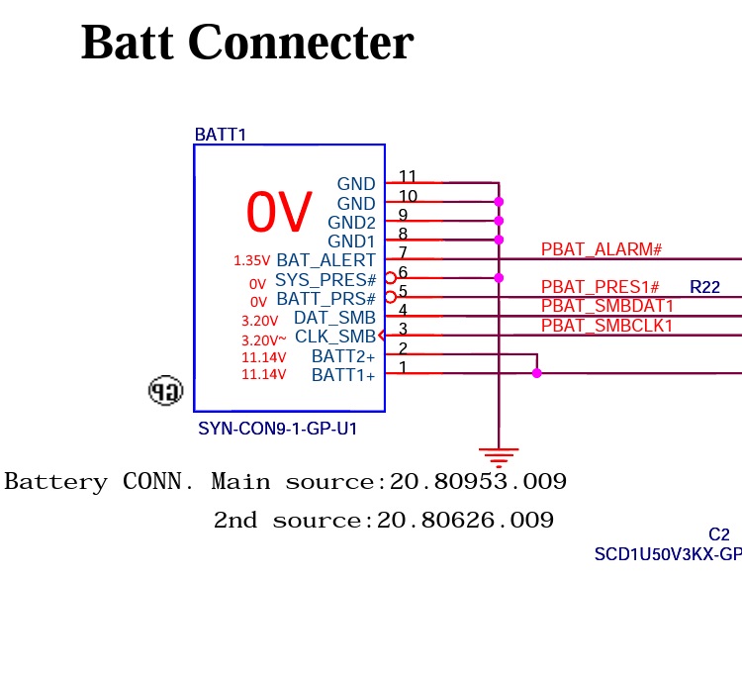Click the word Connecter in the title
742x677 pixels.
[300, 43]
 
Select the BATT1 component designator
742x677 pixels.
[220, 135]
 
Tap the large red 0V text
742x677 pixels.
[279, 211]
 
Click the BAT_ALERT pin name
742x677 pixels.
[325, 260]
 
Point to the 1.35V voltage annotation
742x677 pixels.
[251, 261]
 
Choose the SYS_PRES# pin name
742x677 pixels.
[325, 280]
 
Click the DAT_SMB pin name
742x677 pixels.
[334, 318]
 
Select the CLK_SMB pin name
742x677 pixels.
[335, 338]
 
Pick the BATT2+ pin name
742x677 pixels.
[343, 356]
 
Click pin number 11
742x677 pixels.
[408, 177]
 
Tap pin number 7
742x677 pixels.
[403, 253]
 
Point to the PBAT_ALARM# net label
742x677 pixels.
[601, 249]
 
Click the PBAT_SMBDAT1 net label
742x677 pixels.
[606, 307]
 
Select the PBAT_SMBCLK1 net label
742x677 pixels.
[606, 326]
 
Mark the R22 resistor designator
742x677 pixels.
[704, 288]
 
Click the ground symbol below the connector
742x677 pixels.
[499, 457]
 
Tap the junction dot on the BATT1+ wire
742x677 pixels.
[537, 373]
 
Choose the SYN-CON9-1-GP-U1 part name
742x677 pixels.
[277, 430]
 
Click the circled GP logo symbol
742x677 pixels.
[165, 391]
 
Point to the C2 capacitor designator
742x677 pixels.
[718, 535]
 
